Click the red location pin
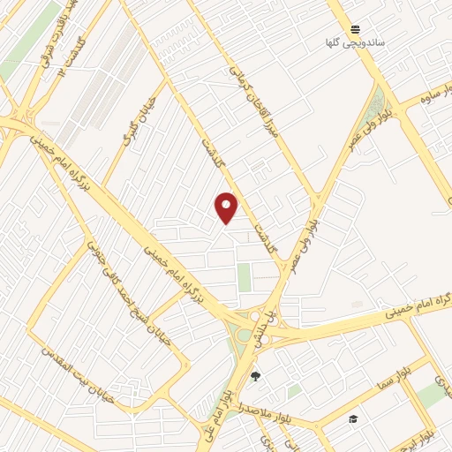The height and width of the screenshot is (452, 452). point(227,207)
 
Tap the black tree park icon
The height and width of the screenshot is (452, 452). point(256,375)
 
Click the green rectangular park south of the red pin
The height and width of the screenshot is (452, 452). point(244,277)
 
